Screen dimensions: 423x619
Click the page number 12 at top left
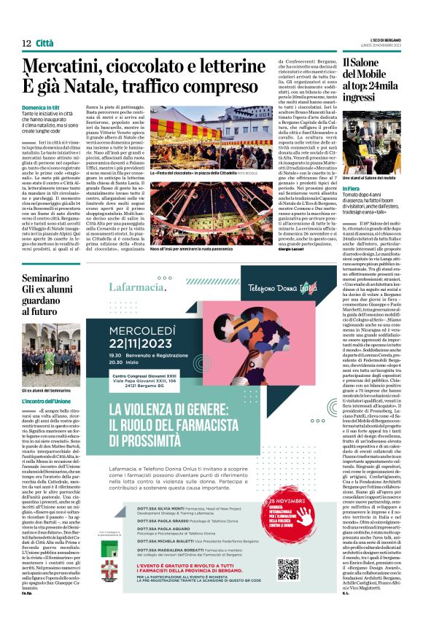pyautogui.click(x=26, y=44)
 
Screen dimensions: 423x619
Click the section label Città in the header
pyautogui.click(x=44, y=44)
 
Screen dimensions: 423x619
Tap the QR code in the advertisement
pyautogui.click(x=288, y=569)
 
